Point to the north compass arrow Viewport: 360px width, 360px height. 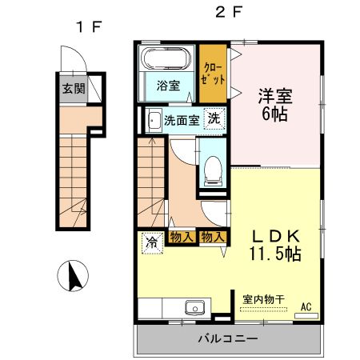coord(73,277)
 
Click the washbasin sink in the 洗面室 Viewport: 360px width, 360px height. coord(153,122)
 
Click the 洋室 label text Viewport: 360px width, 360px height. coord(274,97)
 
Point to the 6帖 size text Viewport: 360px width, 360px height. coord(274,114)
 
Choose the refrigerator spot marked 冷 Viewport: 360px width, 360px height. coord(151,240)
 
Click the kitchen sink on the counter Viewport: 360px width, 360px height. coord(194,307)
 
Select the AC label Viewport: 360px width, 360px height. coord(306,306)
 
